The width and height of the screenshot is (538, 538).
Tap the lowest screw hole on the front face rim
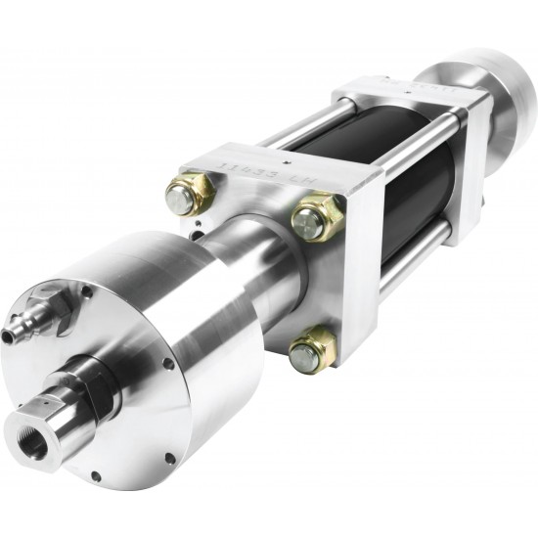click(x=95, y=476)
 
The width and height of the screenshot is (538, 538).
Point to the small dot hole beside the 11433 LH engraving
click(x=284, y=156)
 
